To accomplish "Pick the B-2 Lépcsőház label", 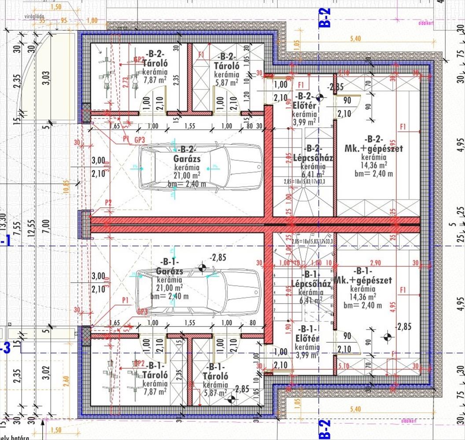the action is [312, 153].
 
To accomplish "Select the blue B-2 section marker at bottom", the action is [324, 429].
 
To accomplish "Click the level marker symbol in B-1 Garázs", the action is [202, 267].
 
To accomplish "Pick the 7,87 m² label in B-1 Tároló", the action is [154, 391].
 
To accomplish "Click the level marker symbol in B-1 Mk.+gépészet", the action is [387, 337].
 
